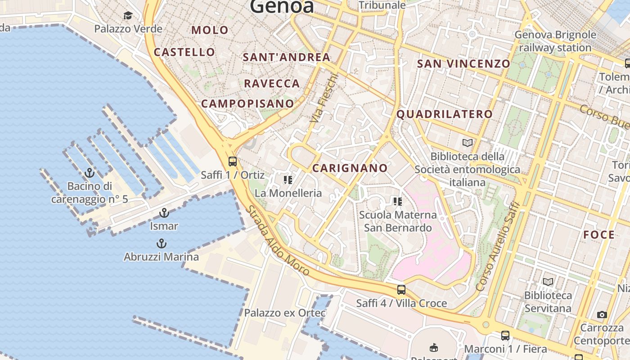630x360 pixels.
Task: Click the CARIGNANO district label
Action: (x=350, y=168)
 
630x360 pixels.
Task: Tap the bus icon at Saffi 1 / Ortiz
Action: (x=233, y=161)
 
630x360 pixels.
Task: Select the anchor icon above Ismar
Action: (x=164, y=213)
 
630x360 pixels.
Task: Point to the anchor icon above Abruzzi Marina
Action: (x=161, y=244)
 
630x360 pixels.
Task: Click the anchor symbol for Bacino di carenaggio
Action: (x=90, y=173)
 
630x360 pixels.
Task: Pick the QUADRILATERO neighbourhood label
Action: (x=444, y=114)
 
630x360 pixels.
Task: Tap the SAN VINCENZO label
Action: (x=463, y=63)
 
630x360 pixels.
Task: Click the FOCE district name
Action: (x=598, y=234)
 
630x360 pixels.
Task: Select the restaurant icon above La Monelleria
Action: (x=288, y=180)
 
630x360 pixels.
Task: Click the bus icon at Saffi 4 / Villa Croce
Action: (x=401, y=290)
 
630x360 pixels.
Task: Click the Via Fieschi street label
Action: (x=324, y=98)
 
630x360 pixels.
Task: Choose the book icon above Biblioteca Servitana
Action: (x=548, y=282)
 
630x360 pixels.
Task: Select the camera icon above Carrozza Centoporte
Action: (x=602, y=315)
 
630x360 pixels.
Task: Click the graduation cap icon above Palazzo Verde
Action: (x=128, y=16)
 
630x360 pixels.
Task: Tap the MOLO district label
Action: (x=210, y=30)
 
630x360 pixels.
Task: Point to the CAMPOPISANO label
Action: (x=247, y=103)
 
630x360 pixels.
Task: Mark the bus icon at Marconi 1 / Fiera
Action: (x=505, y=335)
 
